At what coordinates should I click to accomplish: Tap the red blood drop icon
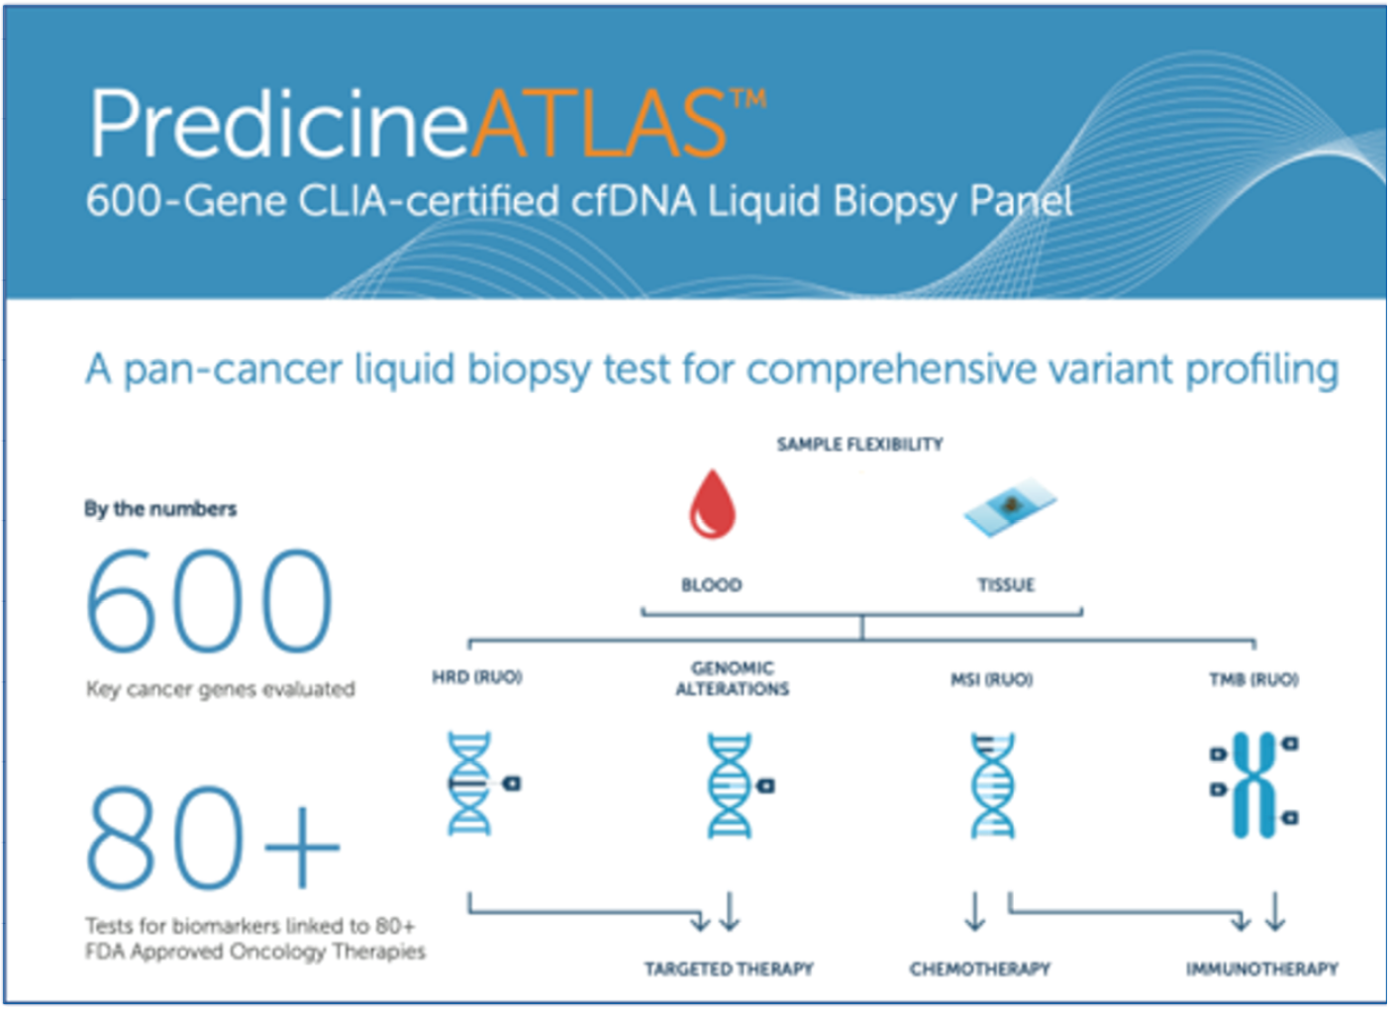pos(712,504)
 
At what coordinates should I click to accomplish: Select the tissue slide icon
pos(1010,507)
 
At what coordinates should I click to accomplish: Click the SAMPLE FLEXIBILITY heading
pos(860,445)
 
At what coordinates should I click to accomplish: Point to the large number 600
pos(210,600)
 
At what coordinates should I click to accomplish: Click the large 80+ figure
pos(213,837)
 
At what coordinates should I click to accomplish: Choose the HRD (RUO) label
pos(477,677)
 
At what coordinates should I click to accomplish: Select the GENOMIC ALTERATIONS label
pos(733,678)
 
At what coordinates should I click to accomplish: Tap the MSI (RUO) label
pos(992,678)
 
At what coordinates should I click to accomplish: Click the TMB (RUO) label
pos(1254,678)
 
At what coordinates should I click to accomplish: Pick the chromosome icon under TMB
pos(1254,785)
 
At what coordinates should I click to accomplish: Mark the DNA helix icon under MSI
pos(993,785)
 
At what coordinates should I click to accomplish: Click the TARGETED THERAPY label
pos(729,968)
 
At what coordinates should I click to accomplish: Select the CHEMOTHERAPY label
pos(980,968)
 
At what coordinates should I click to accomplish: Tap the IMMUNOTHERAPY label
pos(1262,968)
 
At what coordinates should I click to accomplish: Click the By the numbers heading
pos(160,509)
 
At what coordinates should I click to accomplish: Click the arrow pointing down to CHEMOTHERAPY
pos(975,911)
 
